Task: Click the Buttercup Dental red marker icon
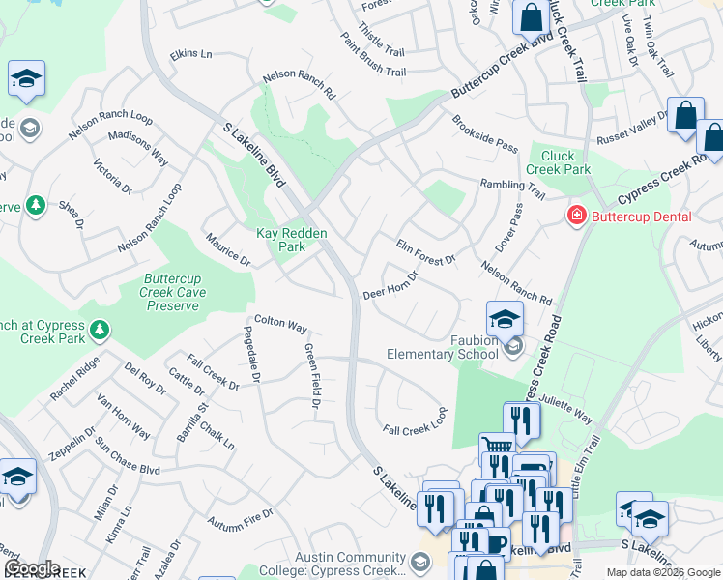[577, 216]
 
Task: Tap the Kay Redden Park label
[292, 240]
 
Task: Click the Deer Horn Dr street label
[390, 286]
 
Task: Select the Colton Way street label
[280, 323]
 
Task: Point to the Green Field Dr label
[311, 376]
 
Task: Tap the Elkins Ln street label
[190, 54]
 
